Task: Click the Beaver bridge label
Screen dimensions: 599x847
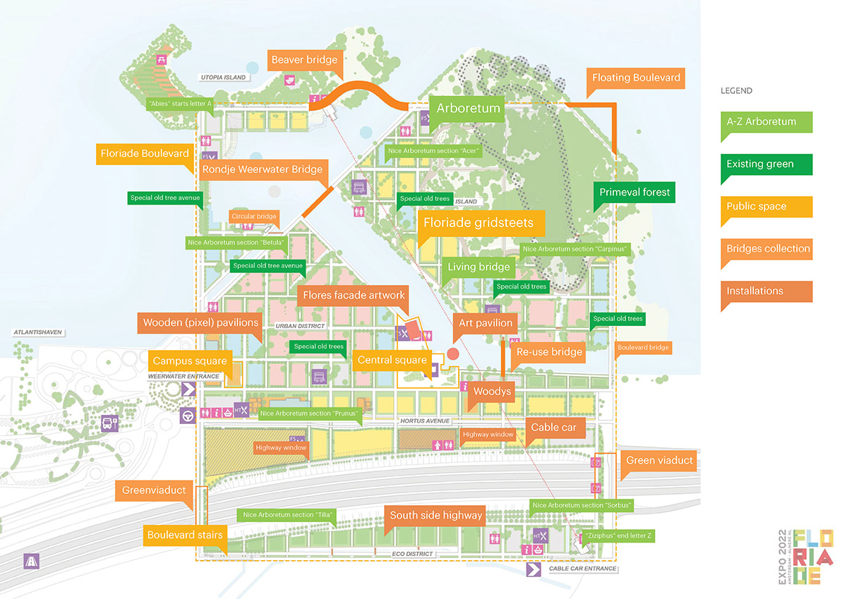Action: coord(305,60)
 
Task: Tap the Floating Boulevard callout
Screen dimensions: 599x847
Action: coord(636,78)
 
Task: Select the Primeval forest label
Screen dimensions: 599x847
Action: coord(634,192)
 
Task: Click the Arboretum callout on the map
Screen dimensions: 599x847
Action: coord(468,108)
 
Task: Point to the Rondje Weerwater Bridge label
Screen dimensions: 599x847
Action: coord(262,169)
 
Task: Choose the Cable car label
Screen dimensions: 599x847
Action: coord(553,427)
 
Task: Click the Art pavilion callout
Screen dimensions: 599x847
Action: coord(486,322)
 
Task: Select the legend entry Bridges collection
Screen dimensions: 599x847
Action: coord(768,248)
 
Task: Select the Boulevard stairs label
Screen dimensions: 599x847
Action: coord(185,535)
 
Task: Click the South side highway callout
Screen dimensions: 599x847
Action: coord(436,515)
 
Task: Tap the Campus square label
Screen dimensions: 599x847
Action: coord(190,361)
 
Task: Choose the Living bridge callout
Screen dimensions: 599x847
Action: coord(479,267)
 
